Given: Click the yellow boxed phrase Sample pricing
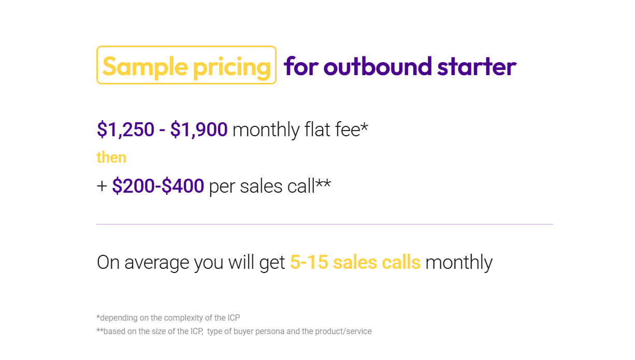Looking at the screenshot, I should click(x=186, y=65).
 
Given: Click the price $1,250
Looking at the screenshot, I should click(x=125, y=129).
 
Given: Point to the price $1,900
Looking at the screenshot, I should click(x=199, y=129).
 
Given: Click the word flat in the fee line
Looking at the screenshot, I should click(x=317, y=129).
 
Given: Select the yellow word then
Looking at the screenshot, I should click(x=111, y=157).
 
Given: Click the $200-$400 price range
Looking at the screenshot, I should click(x=158, y=186).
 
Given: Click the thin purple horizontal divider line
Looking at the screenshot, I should click(x=324, y=224).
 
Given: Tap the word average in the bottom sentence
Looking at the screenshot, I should click(x=157, y=263).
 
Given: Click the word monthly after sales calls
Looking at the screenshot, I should click(x=459, y=263).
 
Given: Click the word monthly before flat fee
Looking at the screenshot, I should click(x=266, y=129).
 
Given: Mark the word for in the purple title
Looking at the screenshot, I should click(x=300, y=66).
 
